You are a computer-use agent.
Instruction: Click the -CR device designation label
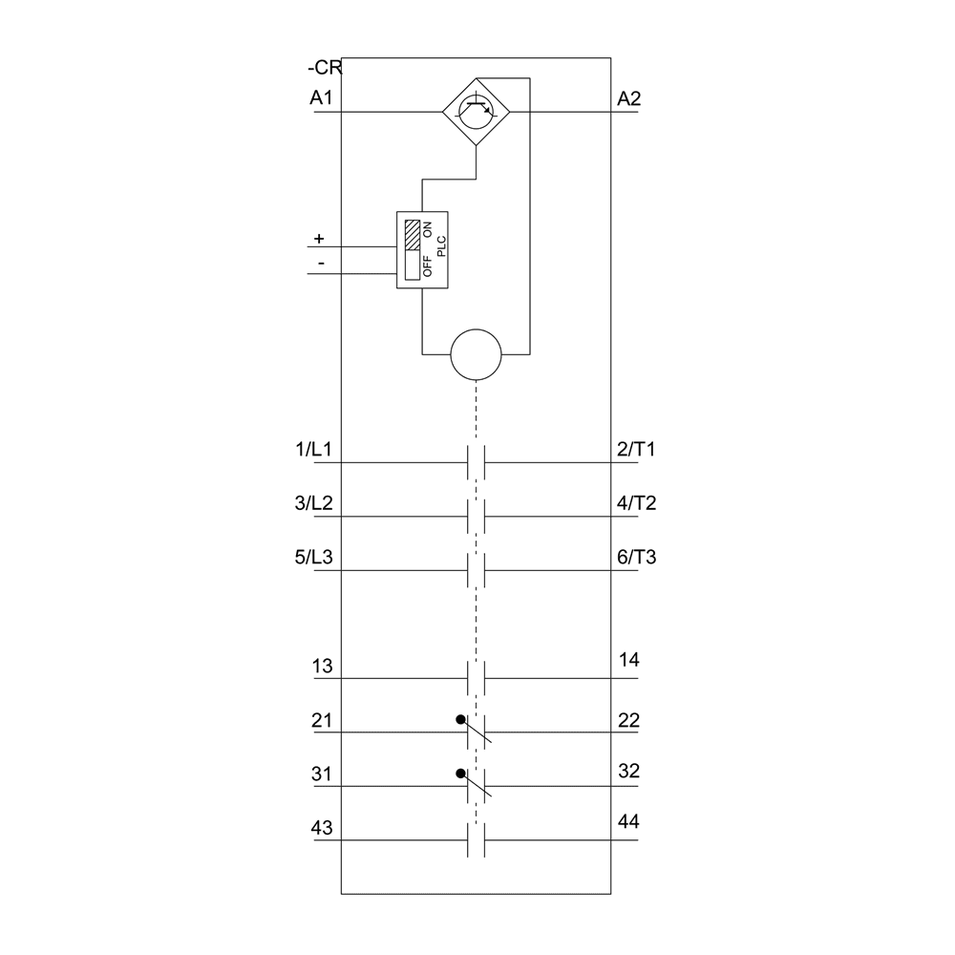[x=324, y=70]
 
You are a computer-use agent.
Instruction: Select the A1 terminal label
[x=321, y=98]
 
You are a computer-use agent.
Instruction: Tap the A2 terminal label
[x=629, y=98]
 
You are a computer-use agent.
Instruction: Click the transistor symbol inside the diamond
[x=476, y=112]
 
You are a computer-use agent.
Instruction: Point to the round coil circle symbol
[x=476, y=354]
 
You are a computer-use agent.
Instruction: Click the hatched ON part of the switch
[x=413, y=235]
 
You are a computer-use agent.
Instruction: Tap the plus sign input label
[x=319, y=238]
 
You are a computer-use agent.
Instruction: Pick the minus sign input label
[x=321, y=263]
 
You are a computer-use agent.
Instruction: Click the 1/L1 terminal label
[x=313, y=449]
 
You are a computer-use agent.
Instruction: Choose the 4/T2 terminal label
[x=636, y=503]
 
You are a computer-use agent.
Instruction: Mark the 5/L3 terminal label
[x=313, y=558]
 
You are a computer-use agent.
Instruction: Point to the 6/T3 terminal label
[x=636, y=558]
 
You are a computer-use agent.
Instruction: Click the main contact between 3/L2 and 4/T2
[x=477, y=517]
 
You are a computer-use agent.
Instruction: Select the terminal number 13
[x=322, y=666]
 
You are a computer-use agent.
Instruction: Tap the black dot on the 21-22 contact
[x=460, y=719]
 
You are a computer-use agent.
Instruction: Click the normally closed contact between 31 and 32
[x=477, y=786]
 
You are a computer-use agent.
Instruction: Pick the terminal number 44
[x=628, y=822]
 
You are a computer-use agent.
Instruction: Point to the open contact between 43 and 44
[x=477, y=840]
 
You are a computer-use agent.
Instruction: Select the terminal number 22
[x=628, y=720]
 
